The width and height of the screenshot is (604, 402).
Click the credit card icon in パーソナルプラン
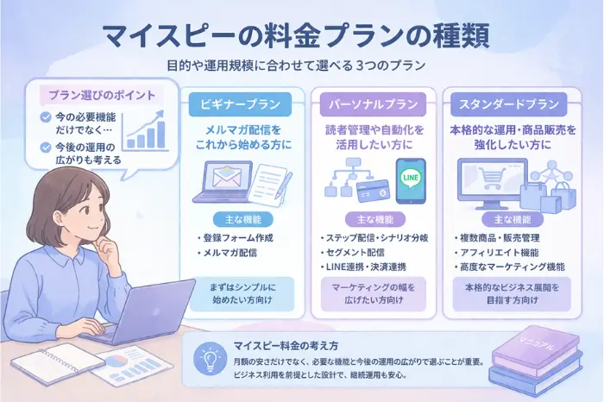coord(372,187)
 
